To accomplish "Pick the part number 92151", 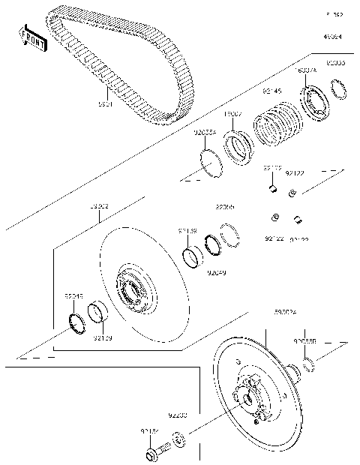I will (x=149, y=431).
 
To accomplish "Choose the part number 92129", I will (x=103, y=337).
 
